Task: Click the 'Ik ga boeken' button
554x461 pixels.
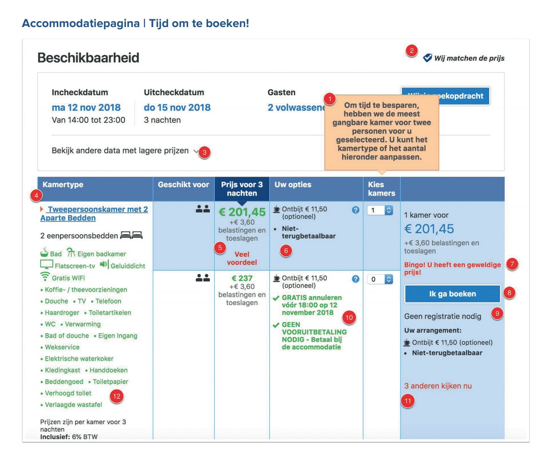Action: pyautogui.click(x=452, y=294)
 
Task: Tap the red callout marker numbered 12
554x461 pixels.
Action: pyautogui.click(x=117, y=396)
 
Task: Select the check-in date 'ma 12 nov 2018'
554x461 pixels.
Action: pyautogui.click(x=86, y=107)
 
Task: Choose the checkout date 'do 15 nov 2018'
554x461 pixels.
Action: pyautogui.click(x=177, y=107)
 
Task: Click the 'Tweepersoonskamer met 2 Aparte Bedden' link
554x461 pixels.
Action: pyautogui.click(x=94, y=213)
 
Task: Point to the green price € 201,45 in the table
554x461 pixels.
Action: pyautogui.click(x=242, y=212)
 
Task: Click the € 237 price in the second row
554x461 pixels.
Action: pyautogui.click(x=242, y=278)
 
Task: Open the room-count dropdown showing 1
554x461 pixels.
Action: pyautogui.click(x=380, y=210)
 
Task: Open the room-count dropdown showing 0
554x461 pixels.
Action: pyautogui.click(x=380, y=279)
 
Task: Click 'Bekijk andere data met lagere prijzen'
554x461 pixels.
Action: pyautogui.click(x=120, y=151)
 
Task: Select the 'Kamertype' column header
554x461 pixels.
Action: pyautogui.click(x=63, y=185)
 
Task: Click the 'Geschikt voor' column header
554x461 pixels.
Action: pyautogui.click(x=183, y=185)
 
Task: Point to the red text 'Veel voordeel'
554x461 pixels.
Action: pyautogui.click(x=242, y=258)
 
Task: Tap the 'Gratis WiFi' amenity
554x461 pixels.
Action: pyautogui.click(x=68, y=278)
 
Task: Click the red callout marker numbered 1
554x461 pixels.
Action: pyautogui.click(x=329, y=99)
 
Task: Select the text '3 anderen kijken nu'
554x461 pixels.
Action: pyautogui.click(x=438, y=386)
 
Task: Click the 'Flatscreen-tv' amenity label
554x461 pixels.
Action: pyautogui.click(x=74, y=266)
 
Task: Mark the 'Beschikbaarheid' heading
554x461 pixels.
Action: pyautogui.click(x=88, y=58)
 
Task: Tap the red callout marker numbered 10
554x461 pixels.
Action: pyautogui.click(x=349, y=317)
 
